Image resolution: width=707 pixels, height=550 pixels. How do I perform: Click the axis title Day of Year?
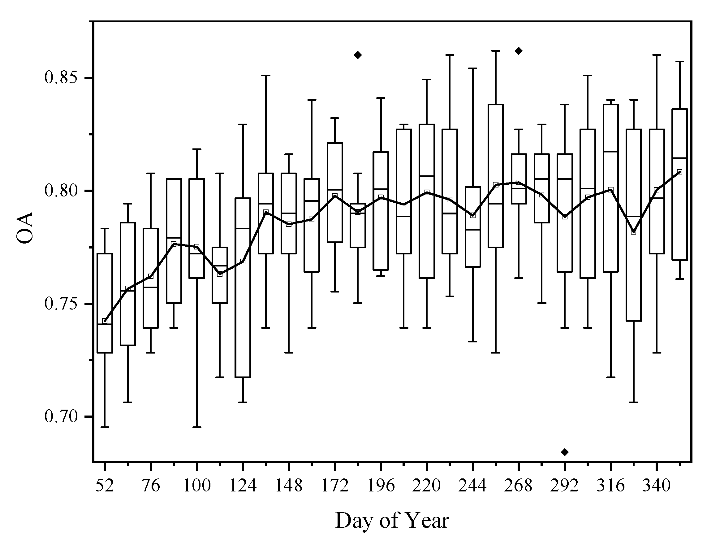tap(392, 521)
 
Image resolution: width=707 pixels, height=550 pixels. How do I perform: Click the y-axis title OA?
tap(25, 227)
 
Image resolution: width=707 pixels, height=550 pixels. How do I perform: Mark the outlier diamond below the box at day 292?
tap(565, 452)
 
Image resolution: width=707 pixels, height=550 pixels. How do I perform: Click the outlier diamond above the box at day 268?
tap(519, 51)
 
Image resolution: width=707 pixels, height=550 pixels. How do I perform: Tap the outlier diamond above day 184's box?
tap(358, 55)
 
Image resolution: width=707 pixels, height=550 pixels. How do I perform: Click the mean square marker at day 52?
tap(105, 321)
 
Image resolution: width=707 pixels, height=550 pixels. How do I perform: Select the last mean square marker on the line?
tap(679, 172)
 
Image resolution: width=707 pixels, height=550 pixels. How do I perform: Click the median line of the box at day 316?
tap(610, 151)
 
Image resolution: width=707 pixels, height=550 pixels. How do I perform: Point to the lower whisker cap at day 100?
tap(196, 427)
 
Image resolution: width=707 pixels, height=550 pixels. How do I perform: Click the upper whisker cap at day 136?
tap(266, 75)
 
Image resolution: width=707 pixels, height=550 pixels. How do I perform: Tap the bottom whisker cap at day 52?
tap(105, 427)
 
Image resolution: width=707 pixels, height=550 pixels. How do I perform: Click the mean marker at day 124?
tap(243, 261)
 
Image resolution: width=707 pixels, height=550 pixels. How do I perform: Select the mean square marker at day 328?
tap(634, 232)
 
